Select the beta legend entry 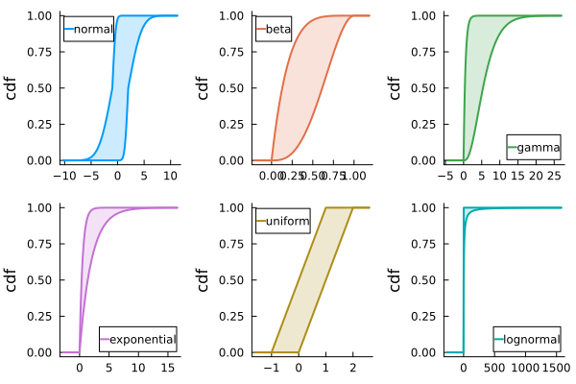(x=278, y=30)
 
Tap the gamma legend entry (x=538, y=148)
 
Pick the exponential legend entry (x=143, y=340)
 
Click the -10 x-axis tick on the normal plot (x=65, y=176)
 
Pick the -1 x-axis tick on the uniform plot (x=272, y=368)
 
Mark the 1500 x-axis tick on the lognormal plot (x=555, y=368)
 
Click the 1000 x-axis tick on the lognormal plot (x=524, y=368)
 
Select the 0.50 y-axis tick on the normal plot (x=40, y=88)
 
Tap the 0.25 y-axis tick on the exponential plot (x=40, y=316)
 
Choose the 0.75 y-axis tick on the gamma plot (x=424, y=52)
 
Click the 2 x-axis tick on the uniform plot (x=352, y=368)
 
